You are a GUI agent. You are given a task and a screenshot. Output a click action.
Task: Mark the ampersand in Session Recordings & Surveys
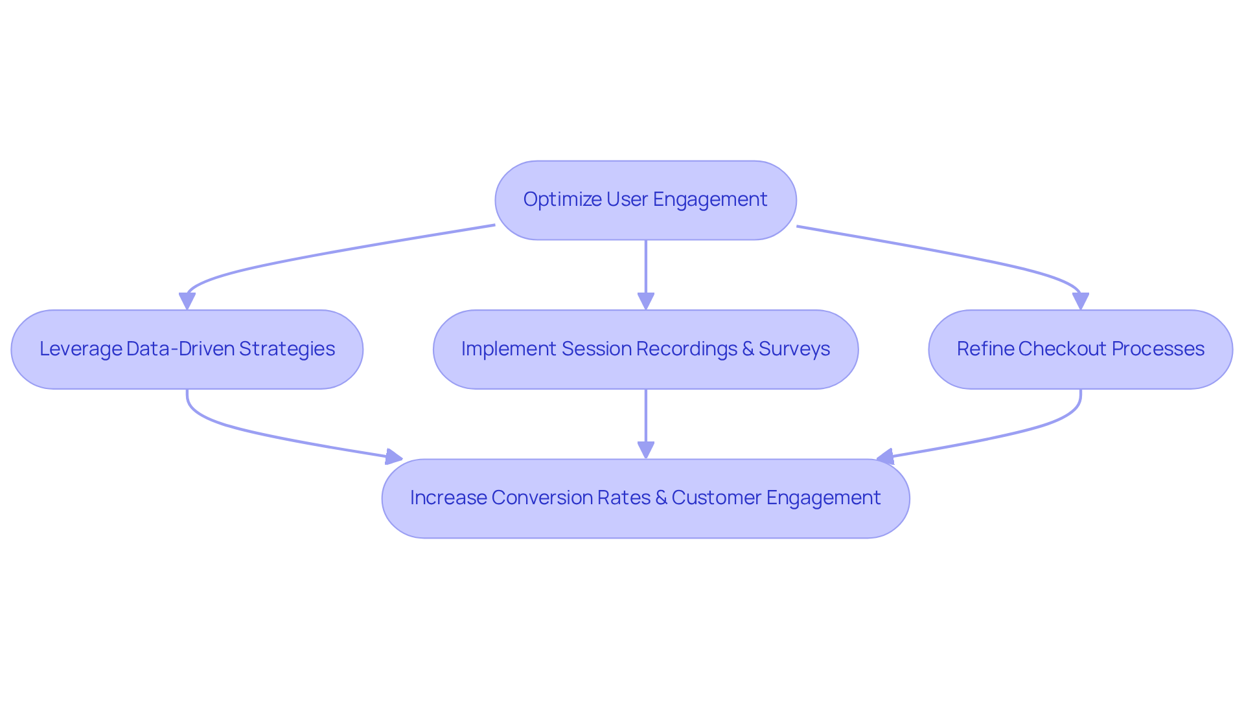click(x=748, y=349)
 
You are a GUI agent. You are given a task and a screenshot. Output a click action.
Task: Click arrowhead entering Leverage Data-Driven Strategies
click(x=187, y=302)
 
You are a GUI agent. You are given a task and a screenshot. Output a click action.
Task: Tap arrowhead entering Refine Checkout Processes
click(x=1080, y=302)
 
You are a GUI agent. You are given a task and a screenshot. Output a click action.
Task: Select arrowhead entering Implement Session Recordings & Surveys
click(x=645, y=302)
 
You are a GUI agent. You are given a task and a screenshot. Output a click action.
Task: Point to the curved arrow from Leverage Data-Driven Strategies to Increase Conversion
click(x=259, y=434)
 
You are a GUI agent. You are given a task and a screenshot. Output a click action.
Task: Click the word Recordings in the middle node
click(x=687, y=349)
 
